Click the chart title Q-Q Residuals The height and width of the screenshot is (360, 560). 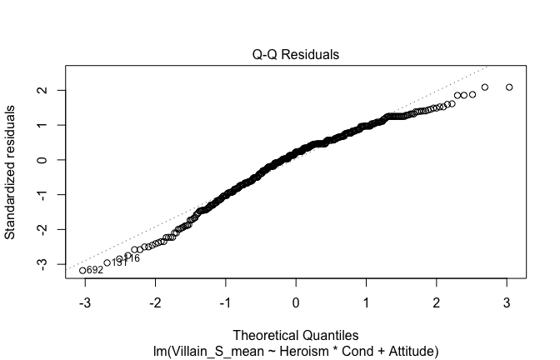pyautogui.click(x=296, y=55)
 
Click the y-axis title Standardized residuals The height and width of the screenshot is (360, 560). pyautogui.click(x=11, y=172)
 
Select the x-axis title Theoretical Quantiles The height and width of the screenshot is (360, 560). pyautogui.click(x=296, y=335)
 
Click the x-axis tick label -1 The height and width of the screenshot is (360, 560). pyautogui.click(x=224, y=301)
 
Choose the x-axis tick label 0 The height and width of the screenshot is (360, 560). pyautogui.click(x=296, y=301)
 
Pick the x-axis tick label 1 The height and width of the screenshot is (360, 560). pyautogui.click(x=367, y=301)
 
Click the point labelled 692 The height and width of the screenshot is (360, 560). pyautogui.click(x=82, y=270)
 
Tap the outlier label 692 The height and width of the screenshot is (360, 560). pyautogui.click(x=95, y=271)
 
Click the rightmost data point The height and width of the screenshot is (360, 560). pyautogui.click(x=509, y=87)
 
